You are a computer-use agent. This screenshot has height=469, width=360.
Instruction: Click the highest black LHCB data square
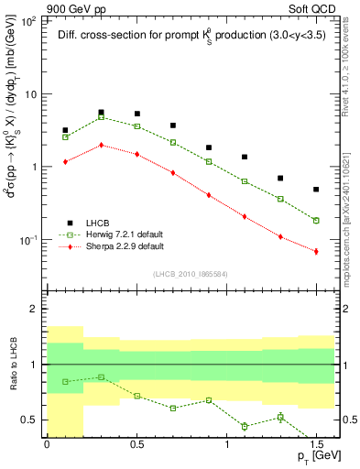click(101, 112)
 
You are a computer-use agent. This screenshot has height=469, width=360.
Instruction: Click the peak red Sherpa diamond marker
click(101, 145)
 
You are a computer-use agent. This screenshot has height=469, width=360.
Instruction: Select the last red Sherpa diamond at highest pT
click(316, 251)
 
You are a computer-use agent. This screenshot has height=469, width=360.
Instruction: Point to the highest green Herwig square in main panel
click(101, 117)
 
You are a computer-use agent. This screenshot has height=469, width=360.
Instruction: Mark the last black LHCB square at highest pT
click(316, 190)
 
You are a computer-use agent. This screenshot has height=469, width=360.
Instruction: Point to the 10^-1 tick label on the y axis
click(30, 240)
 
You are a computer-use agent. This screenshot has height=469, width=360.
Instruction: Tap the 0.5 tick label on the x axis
click(136, 444)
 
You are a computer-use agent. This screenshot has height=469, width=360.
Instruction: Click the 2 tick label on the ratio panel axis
click(36, 310)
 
